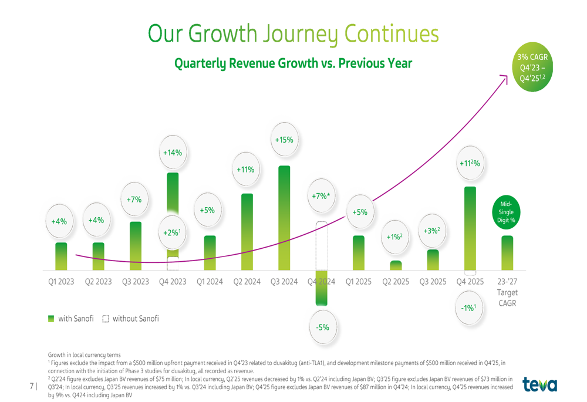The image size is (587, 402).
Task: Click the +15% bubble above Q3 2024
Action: click(x=284, y=140)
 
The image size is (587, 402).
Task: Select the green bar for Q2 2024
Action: click(x=247, y=232)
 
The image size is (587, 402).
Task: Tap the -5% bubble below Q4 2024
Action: click(x=322, y=327)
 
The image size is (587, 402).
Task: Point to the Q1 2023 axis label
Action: click(x=61, y=282)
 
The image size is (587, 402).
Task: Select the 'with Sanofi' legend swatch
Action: click(x=51, y=319)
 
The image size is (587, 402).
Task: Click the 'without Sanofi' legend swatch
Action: click(x=106, y=319)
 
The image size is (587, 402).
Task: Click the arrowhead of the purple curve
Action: click(x=505, y=76)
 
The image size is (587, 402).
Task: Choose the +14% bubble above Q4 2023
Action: click(x=172, y=153)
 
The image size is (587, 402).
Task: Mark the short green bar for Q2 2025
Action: click(x=396, y=265)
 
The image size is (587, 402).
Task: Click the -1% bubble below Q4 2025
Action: click(x=468, y=307)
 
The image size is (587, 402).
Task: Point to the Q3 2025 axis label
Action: click(x=433, y=282)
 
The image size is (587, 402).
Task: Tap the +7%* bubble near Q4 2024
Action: click(x=322, y=196)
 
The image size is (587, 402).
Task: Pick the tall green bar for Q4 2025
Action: click(x=470, y=229)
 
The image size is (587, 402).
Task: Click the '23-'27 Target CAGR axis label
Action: click(x=507, y=292)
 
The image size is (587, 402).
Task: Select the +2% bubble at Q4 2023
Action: click(x=171, y=233)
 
